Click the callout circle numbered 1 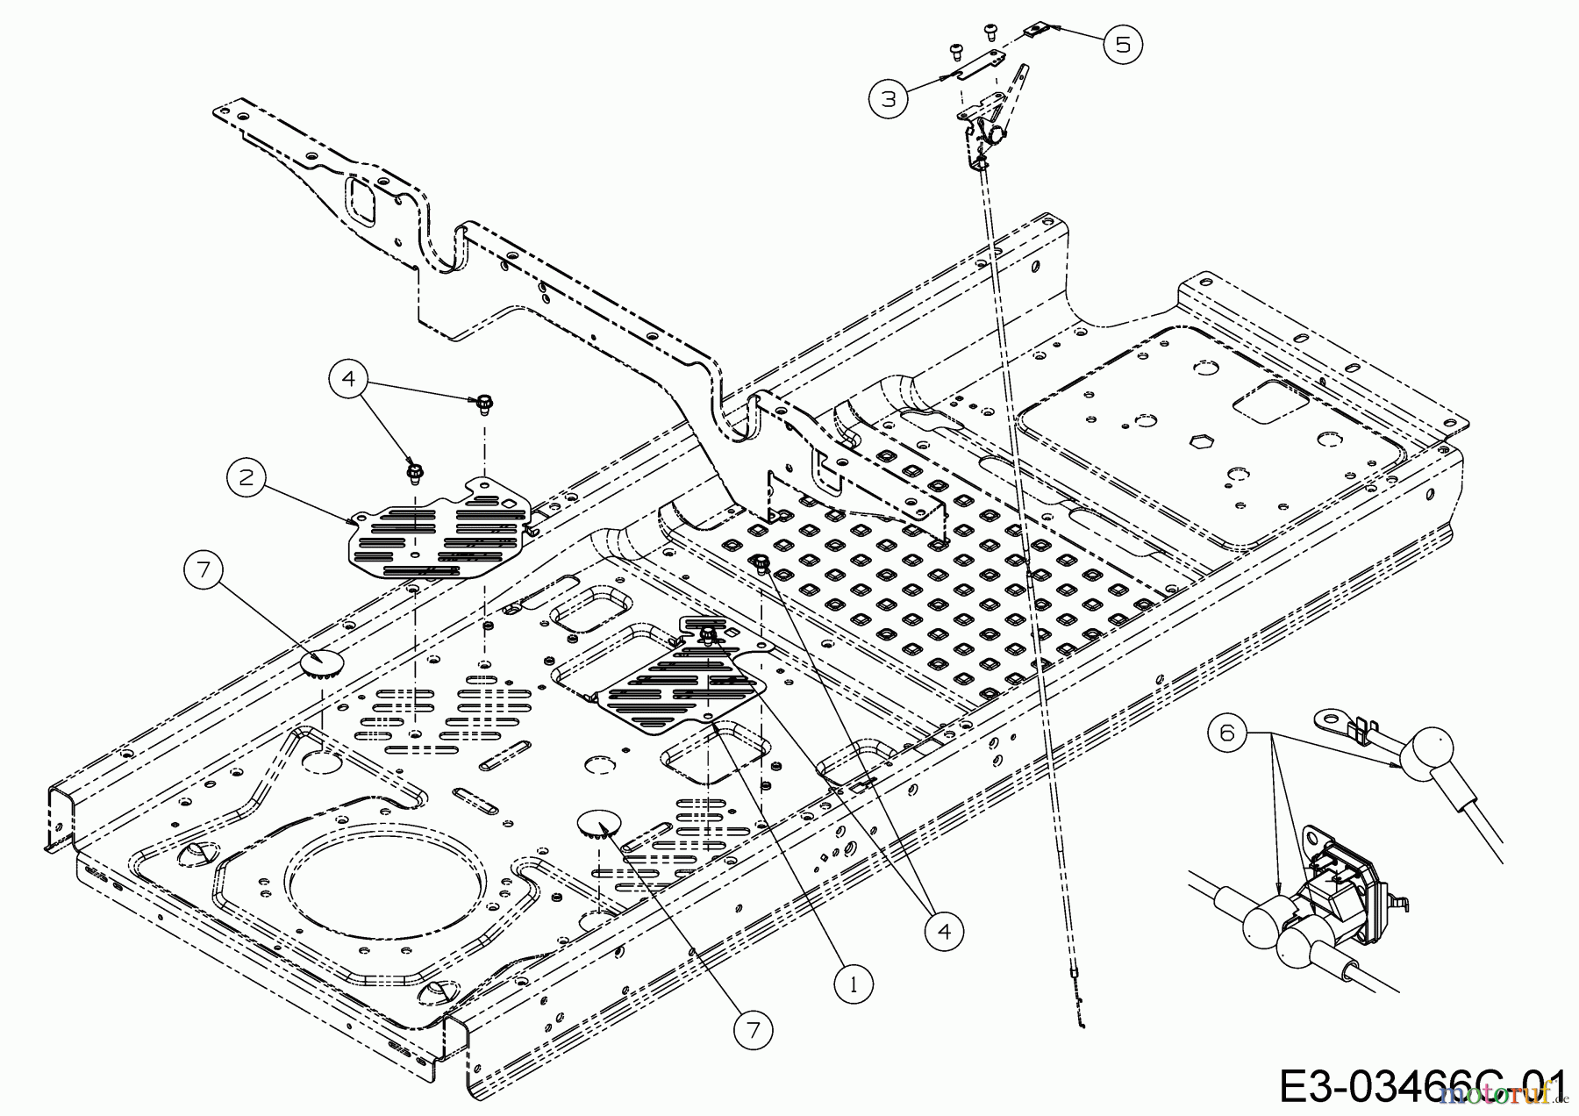click(853, 984)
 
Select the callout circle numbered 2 click(246, 476)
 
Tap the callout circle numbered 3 click(890, 98)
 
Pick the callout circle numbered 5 click(1124, 43)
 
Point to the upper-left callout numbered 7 click(204, 570)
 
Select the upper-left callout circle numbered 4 click(349, 379)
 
